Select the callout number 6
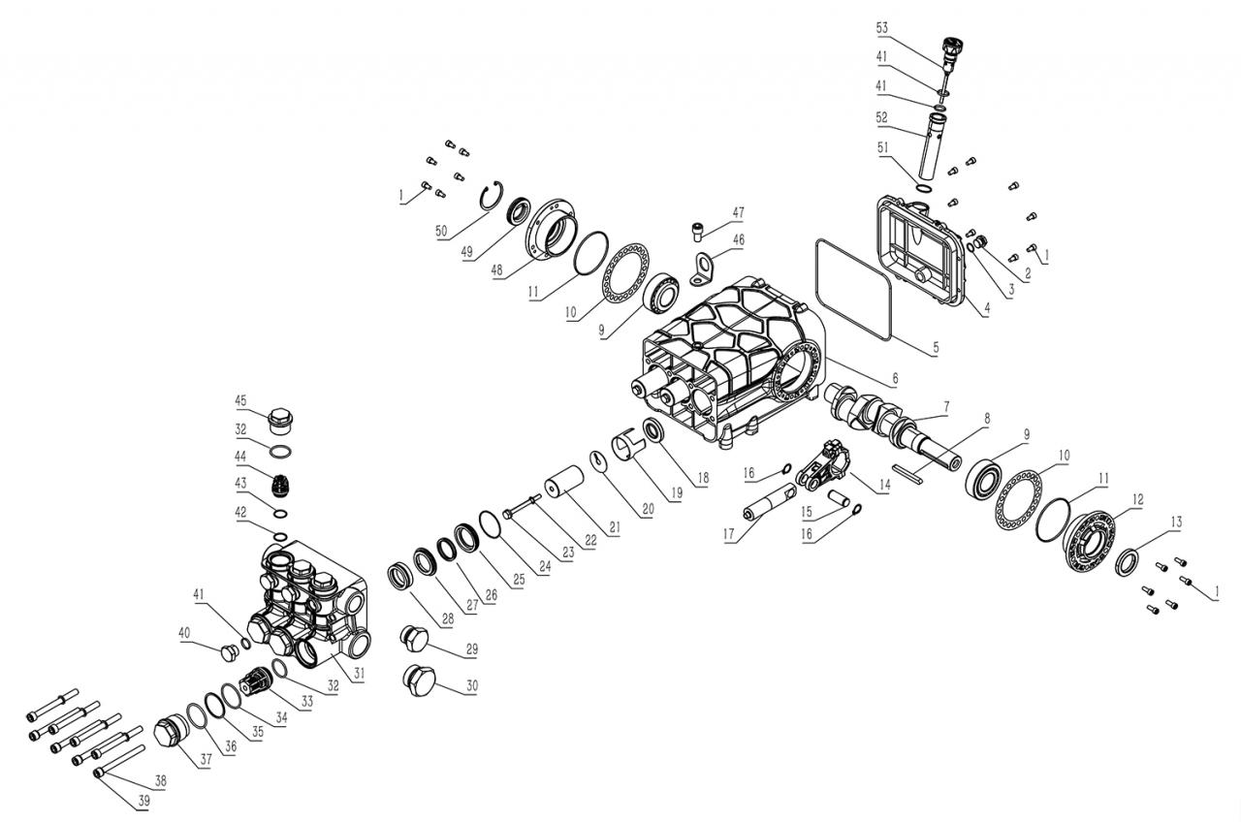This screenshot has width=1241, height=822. [895, 378]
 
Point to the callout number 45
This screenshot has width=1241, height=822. [241, 399]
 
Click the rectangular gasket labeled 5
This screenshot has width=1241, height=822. [853, 288]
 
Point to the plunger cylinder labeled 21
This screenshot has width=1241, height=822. [566, 481]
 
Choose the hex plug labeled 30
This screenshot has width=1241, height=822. [419, 680]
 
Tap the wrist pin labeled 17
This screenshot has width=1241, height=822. [768, 506]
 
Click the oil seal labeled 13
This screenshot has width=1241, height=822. [1130, 561]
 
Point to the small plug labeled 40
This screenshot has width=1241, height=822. [230, 648]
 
